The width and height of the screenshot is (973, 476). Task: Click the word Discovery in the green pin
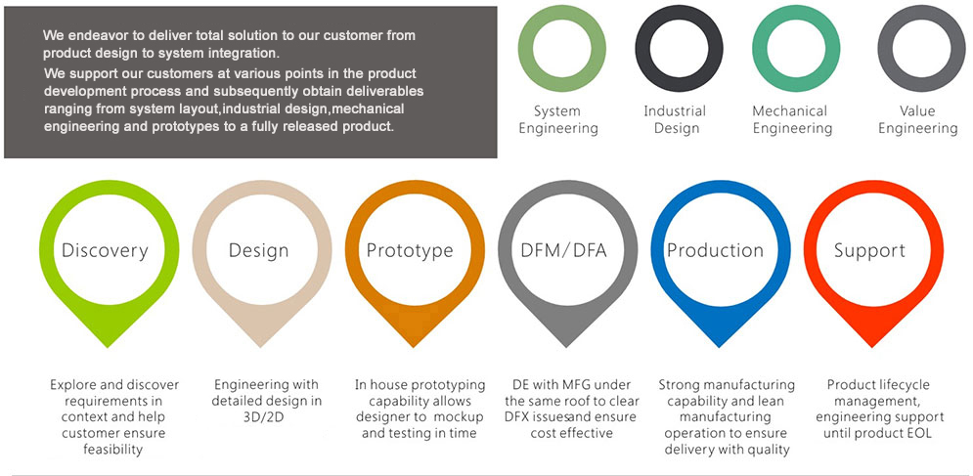pyautogui.click(x=105, y=250)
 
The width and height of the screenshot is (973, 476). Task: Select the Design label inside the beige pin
pyautogui.click(x=258, y=250)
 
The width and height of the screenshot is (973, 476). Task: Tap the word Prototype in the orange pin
pyautogui.click(x=410, y=250)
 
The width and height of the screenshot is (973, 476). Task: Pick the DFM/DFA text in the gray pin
pyautogui.click(x=563, y=250)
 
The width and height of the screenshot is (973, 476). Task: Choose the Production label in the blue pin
pyautogui.click(x=715, y=250)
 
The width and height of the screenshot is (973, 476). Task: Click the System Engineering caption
pyautogui.click(x=558, y=119)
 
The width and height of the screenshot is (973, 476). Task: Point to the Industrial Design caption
pyautogui.click(x=675, y=119)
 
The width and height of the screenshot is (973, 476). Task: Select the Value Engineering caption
pyautogui.click(x=917, y=119)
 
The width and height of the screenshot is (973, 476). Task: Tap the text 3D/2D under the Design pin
pyautogui.click(x=258, y=417)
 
